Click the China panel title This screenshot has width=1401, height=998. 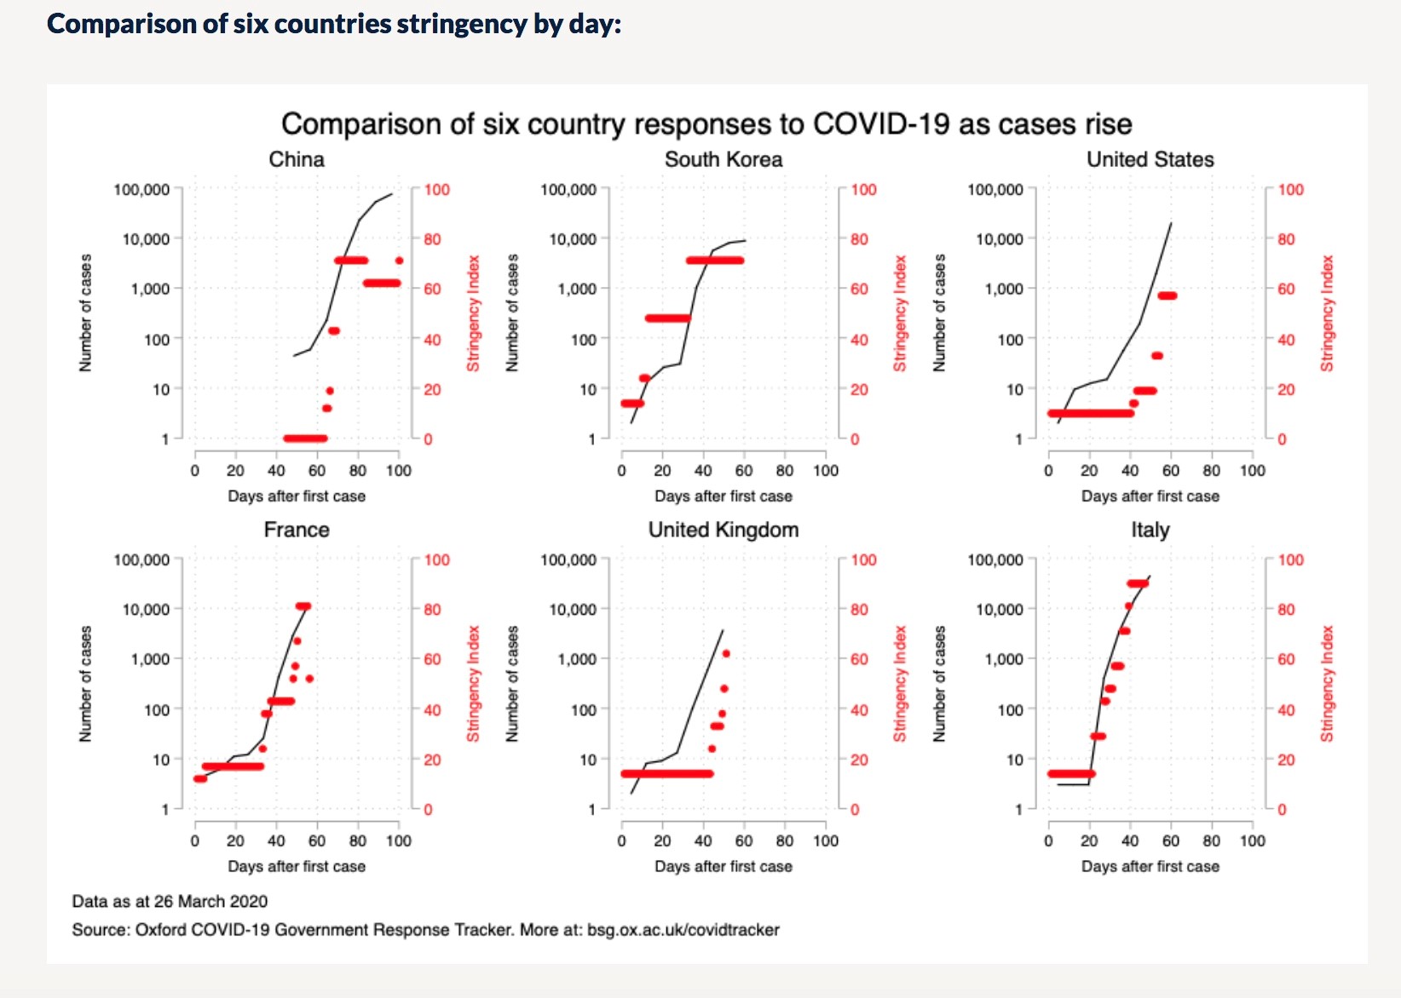coord(297,159)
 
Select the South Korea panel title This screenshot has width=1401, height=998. coord(724,159)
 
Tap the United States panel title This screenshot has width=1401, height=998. coord(1150,159)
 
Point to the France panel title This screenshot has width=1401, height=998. coord(297,530)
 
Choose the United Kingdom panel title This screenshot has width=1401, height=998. coord(724,530)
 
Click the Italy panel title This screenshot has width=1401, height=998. coord(1150,530)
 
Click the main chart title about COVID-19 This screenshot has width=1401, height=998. coord(706,124)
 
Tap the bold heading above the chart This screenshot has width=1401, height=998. coord(334,24)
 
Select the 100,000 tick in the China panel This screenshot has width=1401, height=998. coord(141,190)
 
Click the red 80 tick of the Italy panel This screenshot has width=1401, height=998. coord(1286,610)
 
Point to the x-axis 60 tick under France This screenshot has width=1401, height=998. coord(317,840)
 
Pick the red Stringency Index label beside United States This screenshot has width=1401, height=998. coord(1327,313)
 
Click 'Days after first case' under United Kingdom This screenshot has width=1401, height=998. coord(724,866)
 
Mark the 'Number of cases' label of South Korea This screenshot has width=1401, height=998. coord(512,313)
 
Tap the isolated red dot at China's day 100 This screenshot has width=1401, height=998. coord(399,261)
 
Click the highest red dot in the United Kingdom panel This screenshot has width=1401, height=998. coord(726,654)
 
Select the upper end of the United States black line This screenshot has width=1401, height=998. coord(1171,224)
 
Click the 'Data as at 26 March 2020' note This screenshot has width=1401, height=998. coord(170,901)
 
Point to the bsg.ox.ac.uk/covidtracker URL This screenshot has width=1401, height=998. coord(683,930)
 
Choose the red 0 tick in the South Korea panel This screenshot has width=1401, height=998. coord(855,439)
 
